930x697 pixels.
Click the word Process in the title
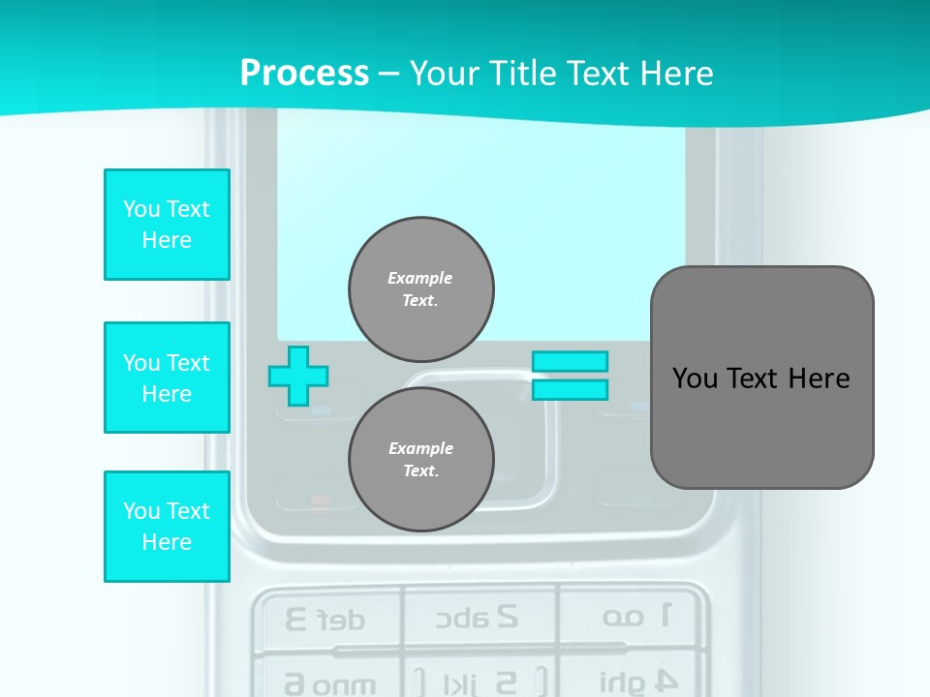coord(304,74)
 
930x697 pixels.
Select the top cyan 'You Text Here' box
coord(167,225)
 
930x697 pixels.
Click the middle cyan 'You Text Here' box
coord(167,378)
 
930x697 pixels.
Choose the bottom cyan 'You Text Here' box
coord(167,527)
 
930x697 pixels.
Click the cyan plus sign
coord(298,376)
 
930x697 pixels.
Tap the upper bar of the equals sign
coord(570,361)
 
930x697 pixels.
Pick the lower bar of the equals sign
coord(570,390)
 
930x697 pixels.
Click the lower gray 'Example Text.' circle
coord(421,460)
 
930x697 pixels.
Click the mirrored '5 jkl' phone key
coord(479,681)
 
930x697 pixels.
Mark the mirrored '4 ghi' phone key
coord(635,681)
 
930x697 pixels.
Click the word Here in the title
coord(674,74)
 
